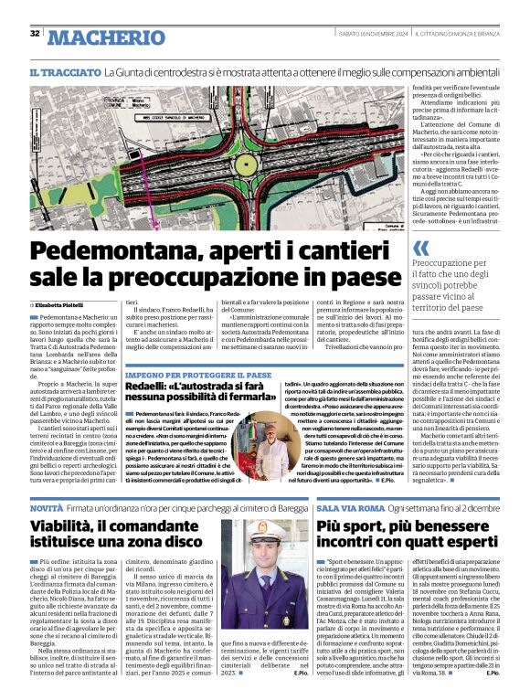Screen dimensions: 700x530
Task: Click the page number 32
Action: tap(35, 34)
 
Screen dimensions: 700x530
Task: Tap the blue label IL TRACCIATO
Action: tap(63, 70)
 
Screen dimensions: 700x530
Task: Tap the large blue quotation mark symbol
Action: tap(420, 249)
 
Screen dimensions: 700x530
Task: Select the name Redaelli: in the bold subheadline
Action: tap(152, 387)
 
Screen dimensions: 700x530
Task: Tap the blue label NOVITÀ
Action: tap(46, 506)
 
